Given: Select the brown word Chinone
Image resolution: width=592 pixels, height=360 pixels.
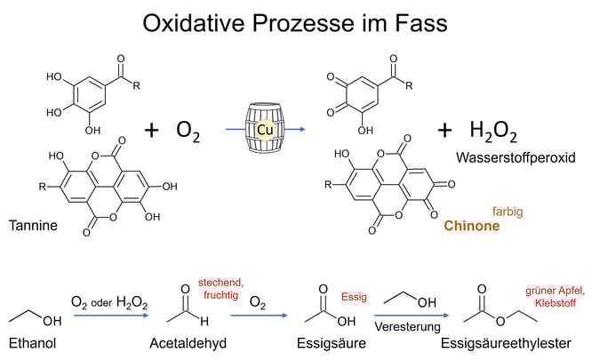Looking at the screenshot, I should pos(471,226).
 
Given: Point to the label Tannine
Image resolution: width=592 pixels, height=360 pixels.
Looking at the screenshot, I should pos(32,226).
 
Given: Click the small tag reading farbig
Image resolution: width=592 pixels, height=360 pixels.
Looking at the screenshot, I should pos(508,212).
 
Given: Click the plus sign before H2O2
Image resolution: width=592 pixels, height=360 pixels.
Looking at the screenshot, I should pos(444,131).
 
